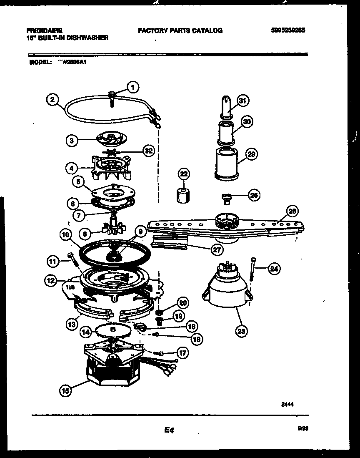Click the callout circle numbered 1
tap(132, 88)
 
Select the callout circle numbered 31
tap(242, 100)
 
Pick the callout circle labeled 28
tap(292, 211)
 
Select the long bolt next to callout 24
tap(252, 269)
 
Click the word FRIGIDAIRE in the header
tap(44, 30)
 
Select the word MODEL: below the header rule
tap(40, 62)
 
